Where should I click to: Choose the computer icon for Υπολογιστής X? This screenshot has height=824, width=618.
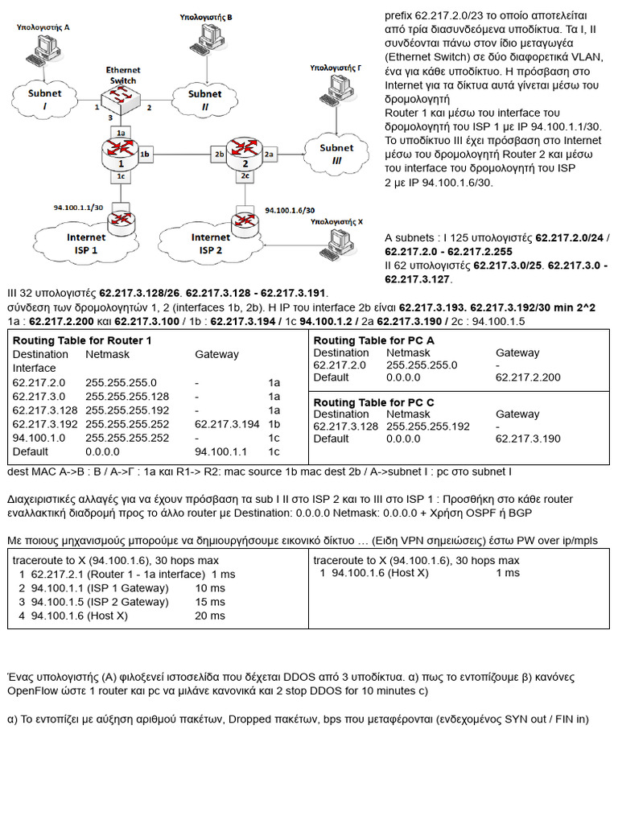tap(338, 239)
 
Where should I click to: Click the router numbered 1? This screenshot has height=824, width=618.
tap(120, 152)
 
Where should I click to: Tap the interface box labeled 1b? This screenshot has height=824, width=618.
tap(145, 153)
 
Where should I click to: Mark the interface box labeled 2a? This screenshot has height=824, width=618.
tap(269, 153)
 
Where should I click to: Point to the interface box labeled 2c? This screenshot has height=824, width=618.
tap(244, 175)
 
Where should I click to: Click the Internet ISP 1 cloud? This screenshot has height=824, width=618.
tap(86, 242)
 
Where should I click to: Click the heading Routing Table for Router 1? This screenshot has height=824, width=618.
tap(82, 340)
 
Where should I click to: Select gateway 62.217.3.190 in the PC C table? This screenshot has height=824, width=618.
tap(529, 439)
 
